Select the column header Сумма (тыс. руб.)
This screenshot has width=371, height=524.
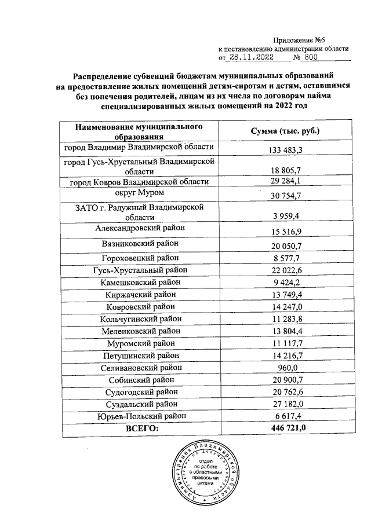click(285, 131)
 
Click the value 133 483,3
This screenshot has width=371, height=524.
click(285, 151)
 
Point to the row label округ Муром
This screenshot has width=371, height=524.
click(139, 192)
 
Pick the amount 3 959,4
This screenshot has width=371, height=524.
click(285, 217)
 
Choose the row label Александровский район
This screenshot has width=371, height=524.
click(139, 228)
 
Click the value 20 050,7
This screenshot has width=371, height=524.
click(285, 247)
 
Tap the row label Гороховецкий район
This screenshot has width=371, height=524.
click(139, 258)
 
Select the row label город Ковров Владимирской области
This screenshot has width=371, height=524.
click(139, 182)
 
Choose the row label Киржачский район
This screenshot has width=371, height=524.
click(139, 295)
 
